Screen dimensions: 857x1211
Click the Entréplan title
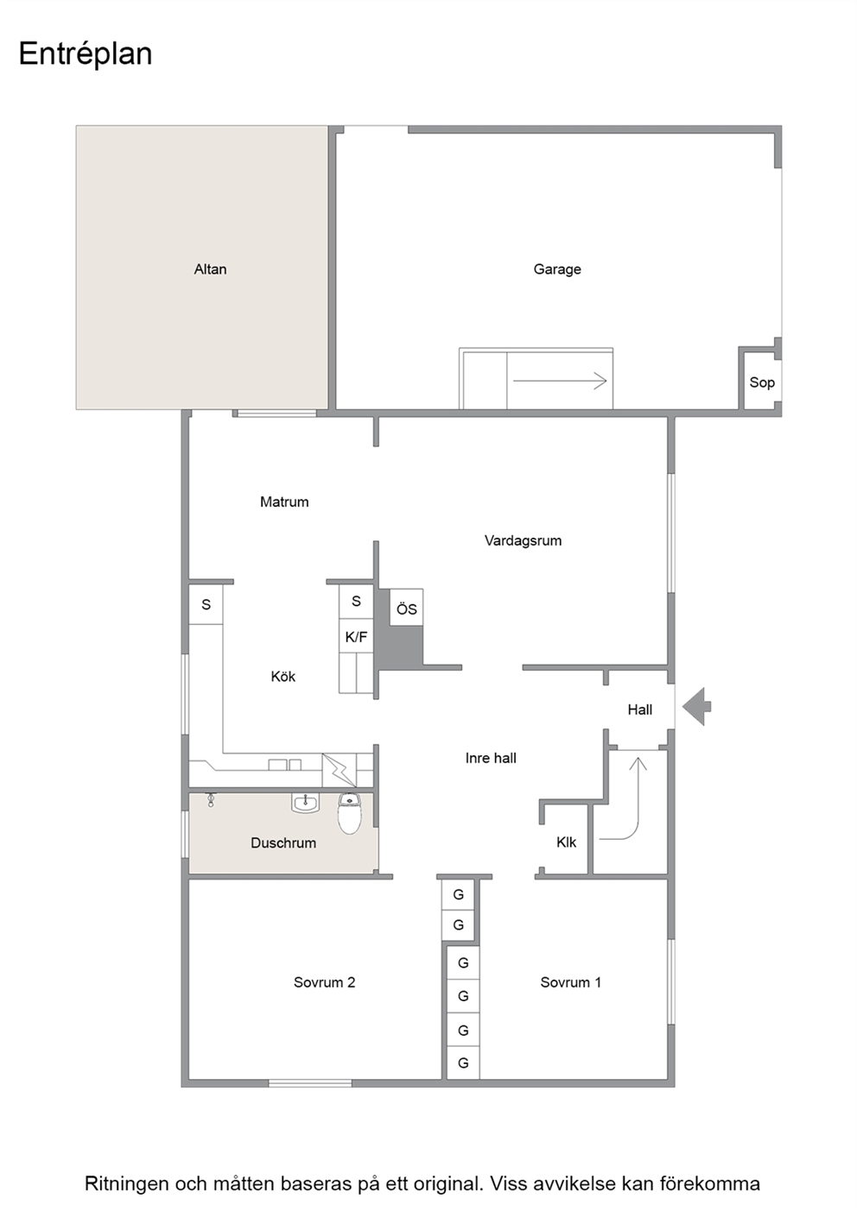pyautogui.click(x=86, y=54)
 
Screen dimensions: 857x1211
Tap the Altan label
pyautogui.click(x=211, y=269)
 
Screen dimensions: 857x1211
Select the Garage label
pyautogui.click(x=557, y=269)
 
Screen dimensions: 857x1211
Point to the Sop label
pyautogui.click(x=762, y=382)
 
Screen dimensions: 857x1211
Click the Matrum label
pyautogui.click(x=284, y=501)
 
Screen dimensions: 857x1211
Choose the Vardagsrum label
pyautogui.click(x=524, y=540)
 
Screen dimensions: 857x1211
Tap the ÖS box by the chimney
pyautogui.click(x=406, y=608)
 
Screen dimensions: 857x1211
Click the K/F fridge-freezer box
pyautogui.click(x=356, y=636)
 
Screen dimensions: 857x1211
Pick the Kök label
pyautogui.click(x=283, y=677)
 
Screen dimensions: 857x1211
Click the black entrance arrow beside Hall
pyautogui.click(x=696, y=706)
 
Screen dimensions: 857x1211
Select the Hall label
pyautogui.click(x=640, y=710)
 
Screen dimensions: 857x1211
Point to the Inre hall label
pyautogui.click(x=491, y=758)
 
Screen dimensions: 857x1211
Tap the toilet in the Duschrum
pyautogui.click(x=350, y=813)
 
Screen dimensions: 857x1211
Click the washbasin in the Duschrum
pyautogui.click(x=306, y=803)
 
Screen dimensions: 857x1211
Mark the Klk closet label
pyautogui.click(x=567, y=842)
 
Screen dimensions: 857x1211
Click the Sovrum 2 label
pyautogui.click(x=325, y=982)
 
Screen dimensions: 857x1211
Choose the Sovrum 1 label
pyautogui.click(x=571, y=982)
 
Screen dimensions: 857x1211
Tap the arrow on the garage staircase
pyautogui.click(x=560, y=381)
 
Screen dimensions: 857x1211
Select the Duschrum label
pyautogui.click(x=283, y=842)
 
